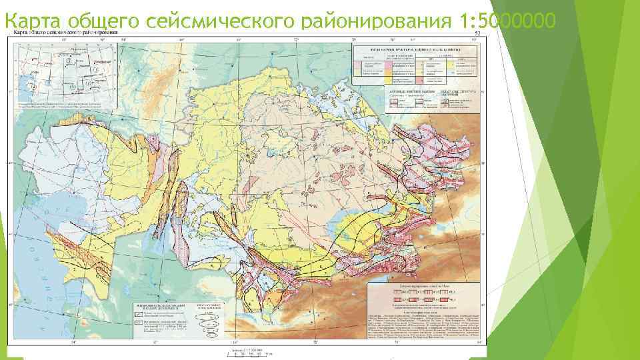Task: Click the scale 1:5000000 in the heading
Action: [x=507, y=23]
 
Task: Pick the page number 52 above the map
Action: [x=477, y=33]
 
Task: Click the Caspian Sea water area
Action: [x=30, y=267]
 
